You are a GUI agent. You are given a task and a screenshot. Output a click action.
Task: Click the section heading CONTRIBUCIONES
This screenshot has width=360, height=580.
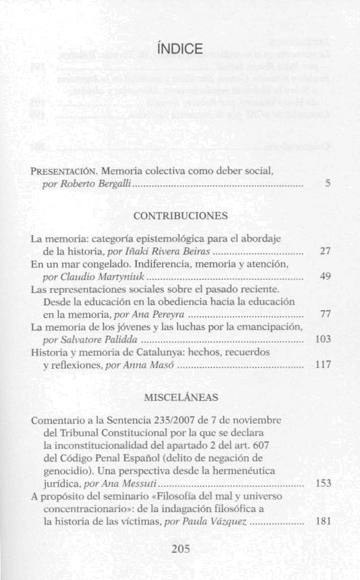pos(180,216)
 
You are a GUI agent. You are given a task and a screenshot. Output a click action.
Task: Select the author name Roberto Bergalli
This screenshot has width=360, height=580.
pos(96,184)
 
